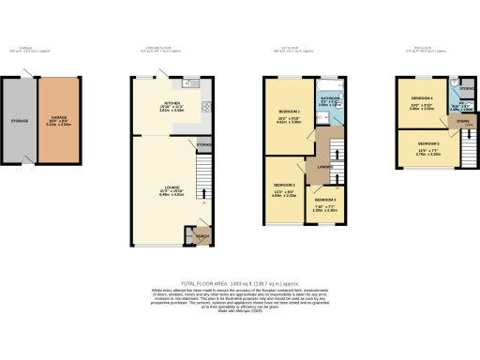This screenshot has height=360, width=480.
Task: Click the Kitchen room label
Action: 172,103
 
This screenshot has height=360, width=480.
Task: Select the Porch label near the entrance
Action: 201,235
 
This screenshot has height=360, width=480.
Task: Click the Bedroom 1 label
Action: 282,119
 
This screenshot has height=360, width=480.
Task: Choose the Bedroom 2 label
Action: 284,186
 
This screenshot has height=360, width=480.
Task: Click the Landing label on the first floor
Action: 323,169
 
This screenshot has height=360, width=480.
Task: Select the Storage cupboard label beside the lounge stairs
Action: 203,144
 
